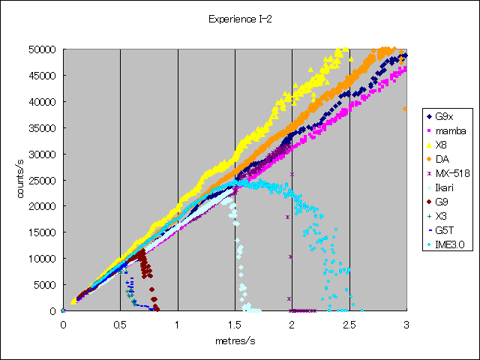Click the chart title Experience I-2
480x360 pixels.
pyautogui.click(x=240, y=19)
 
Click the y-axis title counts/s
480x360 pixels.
pyautogui.click(x=22, y=180)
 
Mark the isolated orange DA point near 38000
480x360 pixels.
pyautogui.click(x=405, y=109)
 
